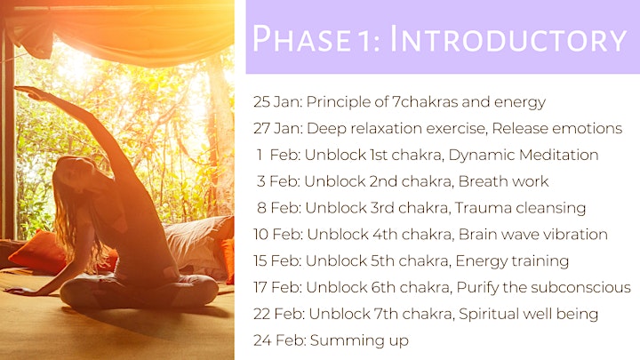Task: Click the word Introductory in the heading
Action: [508, 39]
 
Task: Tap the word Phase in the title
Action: [301, 39]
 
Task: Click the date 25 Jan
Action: [277, 101]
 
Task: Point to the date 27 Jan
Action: [278, 128]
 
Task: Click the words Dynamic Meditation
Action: [524, 155]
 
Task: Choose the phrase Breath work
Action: [504, 181]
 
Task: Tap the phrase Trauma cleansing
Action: [520, 208]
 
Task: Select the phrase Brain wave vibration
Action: [533, 235]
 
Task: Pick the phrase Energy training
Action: [512, 260]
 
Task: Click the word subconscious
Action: [588, 287]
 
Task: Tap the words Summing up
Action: [359, 340]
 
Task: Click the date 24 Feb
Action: [280, 340]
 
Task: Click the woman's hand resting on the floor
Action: [19, 291]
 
